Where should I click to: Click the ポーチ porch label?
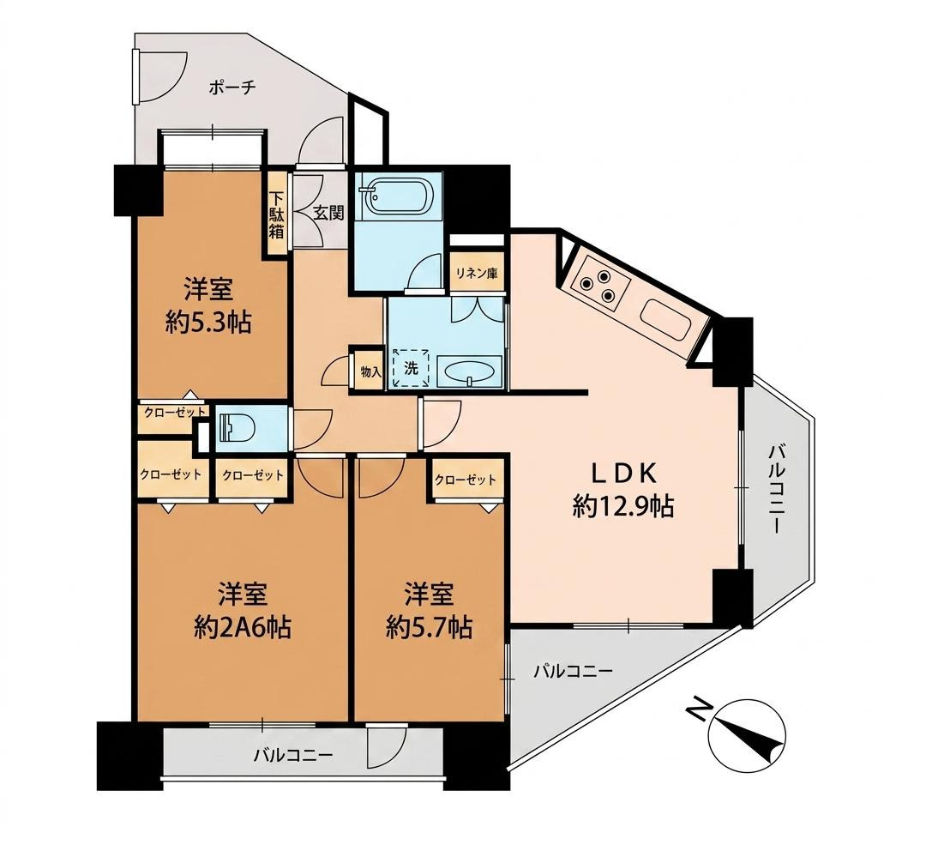tap(232, 88)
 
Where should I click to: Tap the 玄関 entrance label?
tap(328, 212)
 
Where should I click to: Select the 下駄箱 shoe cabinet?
tap(277, 214)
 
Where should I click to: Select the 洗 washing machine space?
tap(411, 367)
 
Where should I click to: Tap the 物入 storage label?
tap(370, 371)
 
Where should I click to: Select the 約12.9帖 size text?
tap(622, 506)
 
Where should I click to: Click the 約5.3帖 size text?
tap(208, 323)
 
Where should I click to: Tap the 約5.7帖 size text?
tap(429, 627)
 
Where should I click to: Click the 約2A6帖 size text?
tap(243, 627)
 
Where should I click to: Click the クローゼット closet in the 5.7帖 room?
tap(466, 479)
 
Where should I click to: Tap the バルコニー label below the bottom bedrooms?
tap(293, 755)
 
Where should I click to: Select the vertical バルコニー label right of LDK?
tap(775, 490)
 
